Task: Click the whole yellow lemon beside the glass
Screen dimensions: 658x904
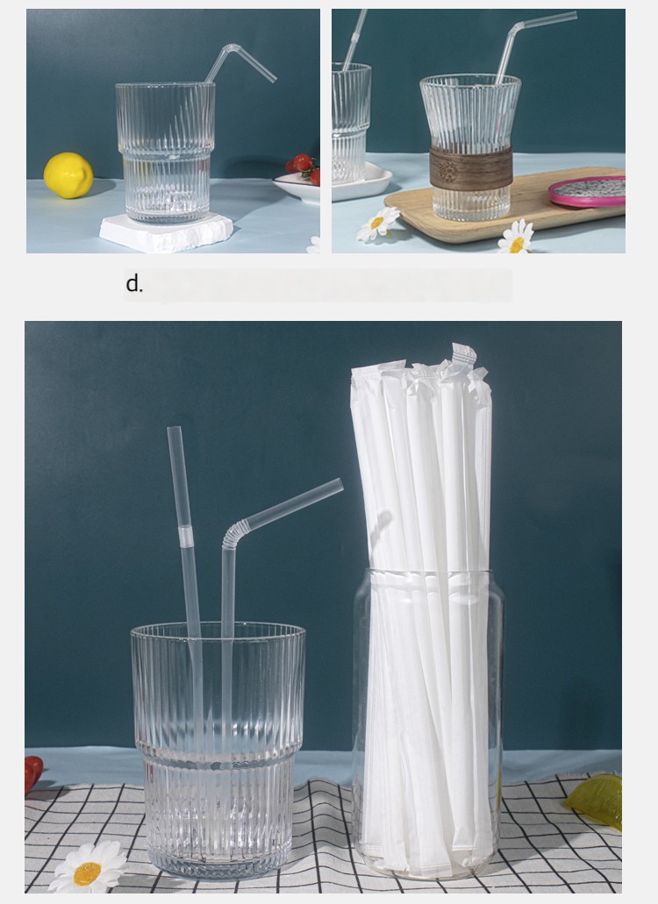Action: pos(68,175)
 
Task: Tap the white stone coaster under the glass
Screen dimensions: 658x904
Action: pos(166,232)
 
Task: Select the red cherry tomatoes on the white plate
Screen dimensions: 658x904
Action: pos(304,167)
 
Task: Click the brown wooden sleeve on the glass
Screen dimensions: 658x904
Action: pos(471,167)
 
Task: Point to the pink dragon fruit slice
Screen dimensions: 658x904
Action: pos(587,191)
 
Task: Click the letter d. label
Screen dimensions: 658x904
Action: pos(133,284)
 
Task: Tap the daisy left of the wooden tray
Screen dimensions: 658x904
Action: pos(378,224)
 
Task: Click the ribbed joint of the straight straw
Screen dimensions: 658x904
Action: pos(184,536)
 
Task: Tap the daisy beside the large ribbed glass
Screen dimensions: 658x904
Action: pos(89,867)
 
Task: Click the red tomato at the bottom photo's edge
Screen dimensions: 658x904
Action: pos(32,772)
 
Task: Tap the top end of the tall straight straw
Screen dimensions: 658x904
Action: pos(174,430)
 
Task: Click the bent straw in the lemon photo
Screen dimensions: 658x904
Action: pos(238,62)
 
